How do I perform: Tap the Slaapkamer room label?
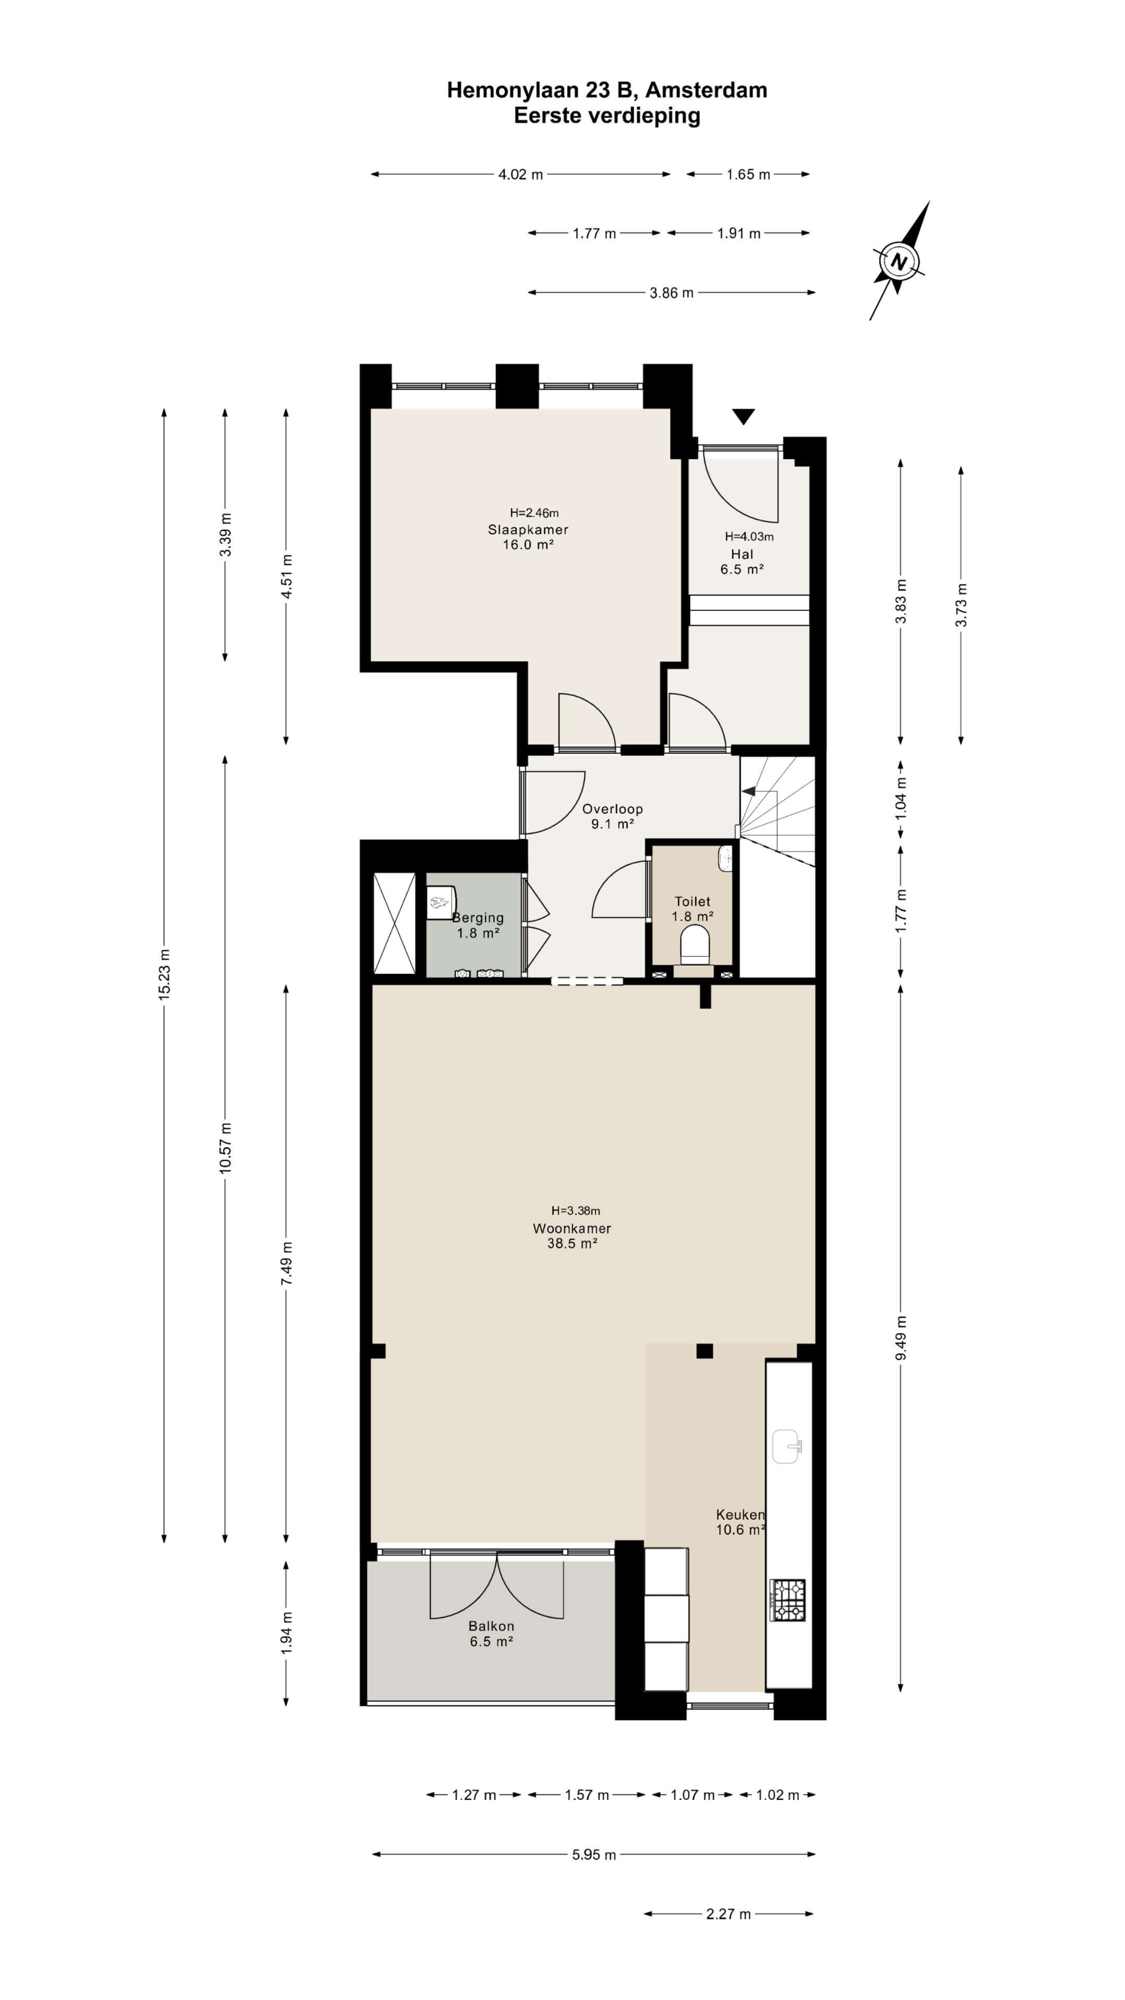528,530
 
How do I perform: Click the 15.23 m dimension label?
165,974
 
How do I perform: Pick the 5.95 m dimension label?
594,1854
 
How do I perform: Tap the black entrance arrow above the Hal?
744,417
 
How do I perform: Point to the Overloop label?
612,808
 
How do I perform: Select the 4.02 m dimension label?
520,174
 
